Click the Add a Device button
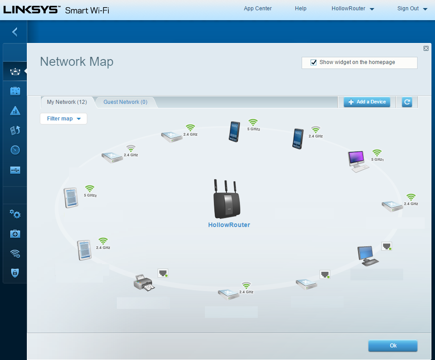pos(367,102)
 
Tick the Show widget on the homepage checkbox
pos(314,63)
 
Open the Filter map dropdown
pos(64,119)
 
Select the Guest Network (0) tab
pos(125,102)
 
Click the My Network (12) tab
pos(67,102)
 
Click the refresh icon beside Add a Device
pos(407,102)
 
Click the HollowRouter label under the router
pos(229,225)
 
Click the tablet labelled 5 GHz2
pos(71,197)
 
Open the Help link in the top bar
pos(301,9)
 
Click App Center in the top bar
pos(258,9)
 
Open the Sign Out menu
pos(412,9)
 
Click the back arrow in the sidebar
pos(15,32)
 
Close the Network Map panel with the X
pos(426,48)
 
